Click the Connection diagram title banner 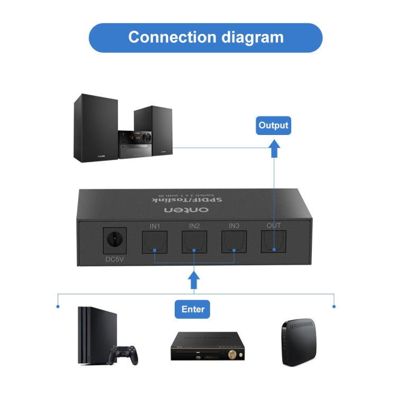(x=205, y=38)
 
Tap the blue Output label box (x=273, y=125)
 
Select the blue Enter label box (x=193, y=309)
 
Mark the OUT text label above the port (x=274, y=225)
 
